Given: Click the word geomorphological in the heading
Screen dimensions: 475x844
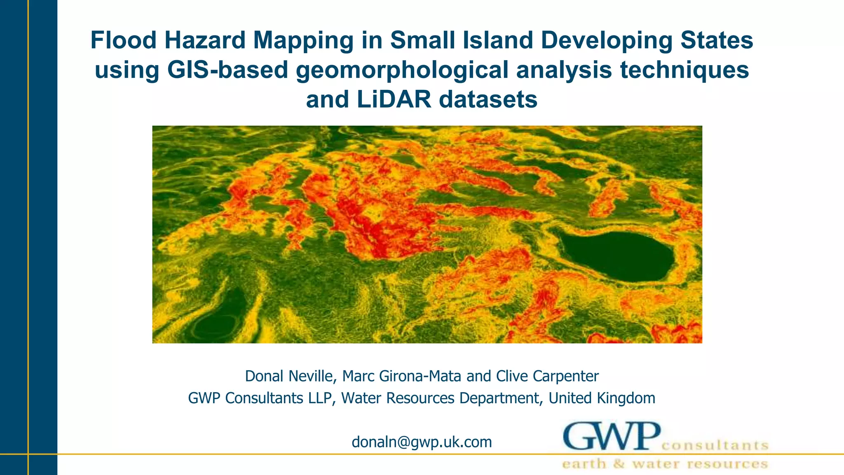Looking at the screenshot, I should click(402, 70).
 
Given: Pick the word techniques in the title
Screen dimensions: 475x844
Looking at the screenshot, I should click(685, 70).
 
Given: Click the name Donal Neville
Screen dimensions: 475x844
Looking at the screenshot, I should click(288, 376).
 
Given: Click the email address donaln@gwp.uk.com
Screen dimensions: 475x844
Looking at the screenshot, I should click(422, 442).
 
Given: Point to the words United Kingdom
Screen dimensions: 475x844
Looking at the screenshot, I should click(602, 398).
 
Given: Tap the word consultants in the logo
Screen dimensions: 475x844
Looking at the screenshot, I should click(715, 445).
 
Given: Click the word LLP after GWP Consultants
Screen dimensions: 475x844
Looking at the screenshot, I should click(321, 398).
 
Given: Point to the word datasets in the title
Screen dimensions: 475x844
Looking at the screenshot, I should click(488, 100).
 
